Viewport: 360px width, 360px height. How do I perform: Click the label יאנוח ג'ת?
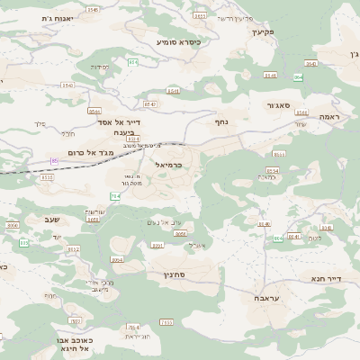(x=59, y=17)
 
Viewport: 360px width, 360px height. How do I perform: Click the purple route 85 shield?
(x=54, y=161)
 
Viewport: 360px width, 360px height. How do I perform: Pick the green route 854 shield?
(x=134, y=62)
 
